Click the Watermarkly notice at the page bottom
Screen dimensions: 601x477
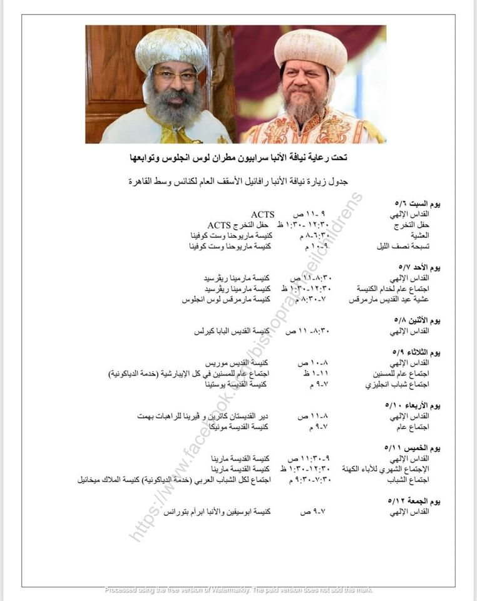coord(238,590)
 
